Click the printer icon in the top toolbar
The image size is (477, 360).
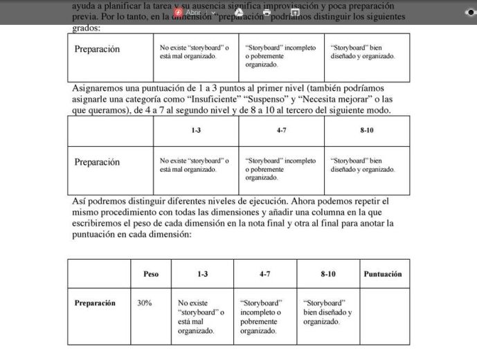click(267, 12)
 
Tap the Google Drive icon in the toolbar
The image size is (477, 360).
click(239, 12)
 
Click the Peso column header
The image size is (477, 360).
click(150, 274)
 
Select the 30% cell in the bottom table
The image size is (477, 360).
click(145, 303)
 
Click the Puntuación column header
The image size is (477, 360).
click(382, 274)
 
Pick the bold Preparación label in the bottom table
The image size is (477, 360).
click(95, 303)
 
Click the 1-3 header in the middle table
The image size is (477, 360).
click(196, 130)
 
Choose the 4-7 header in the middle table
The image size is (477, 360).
click(281, 130)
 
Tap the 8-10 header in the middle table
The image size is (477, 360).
click(366, 130)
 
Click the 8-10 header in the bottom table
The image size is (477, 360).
click(328, 274)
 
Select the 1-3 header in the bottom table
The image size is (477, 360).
click(202, 274)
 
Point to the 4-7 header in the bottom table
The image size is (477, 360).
click(265, 274)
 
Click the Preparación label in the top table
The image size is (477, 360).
click(97, 49)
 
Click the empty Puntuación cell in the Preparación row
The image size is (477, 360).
click(384, 316)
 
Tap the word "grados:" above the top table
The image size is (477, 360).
click(86, 28)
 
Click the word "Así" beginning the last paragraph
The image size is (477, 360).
click(80, 201)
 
